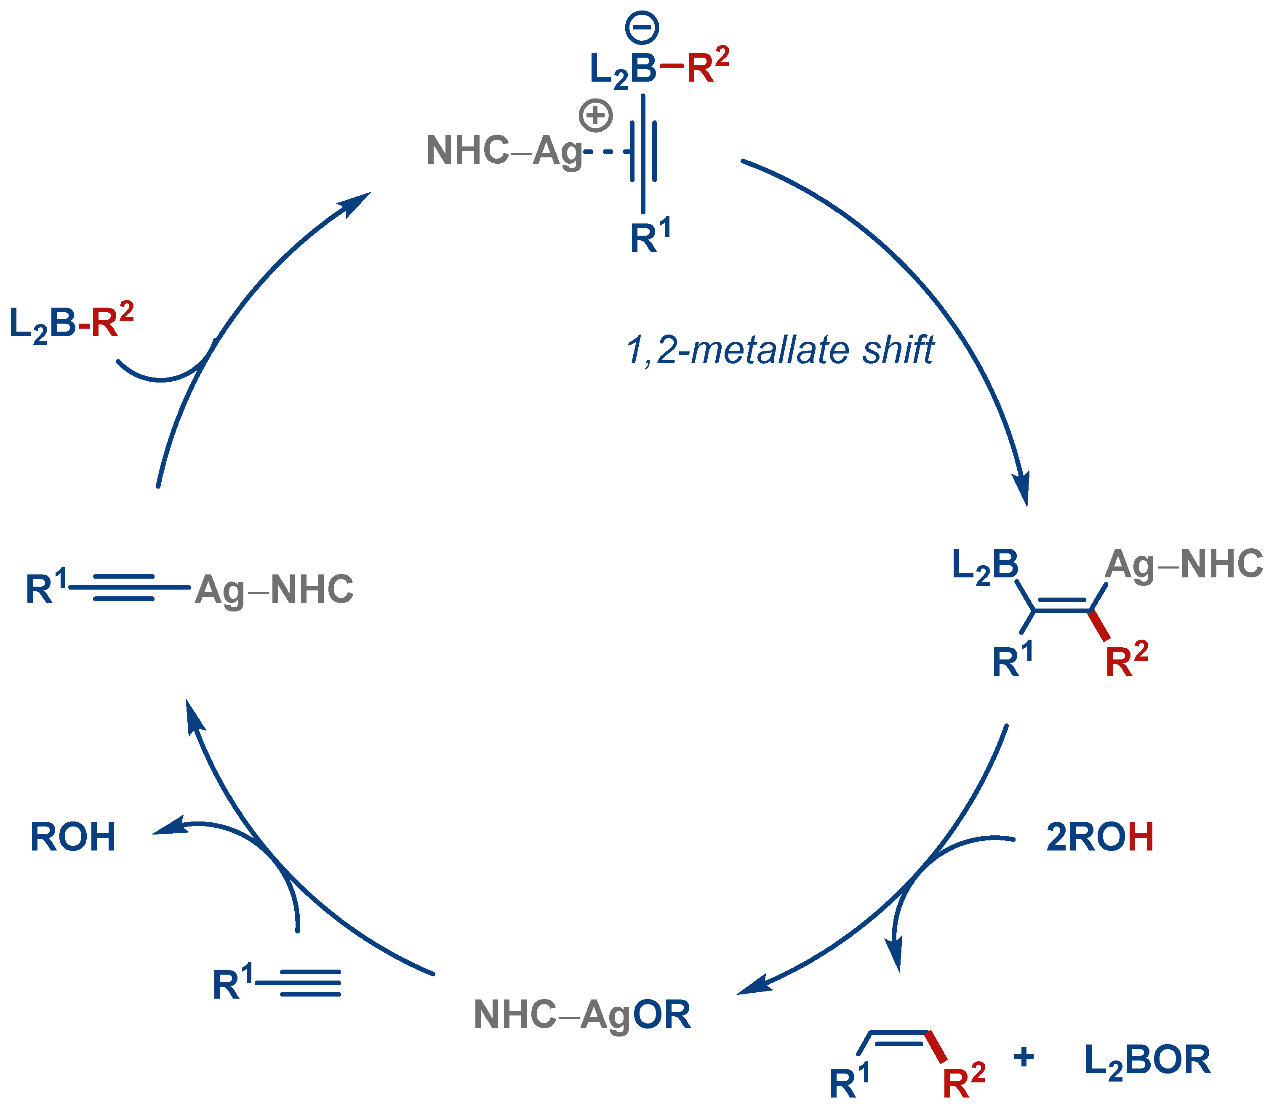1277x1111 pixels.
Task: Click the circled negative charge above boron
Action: click(x=642, y=29)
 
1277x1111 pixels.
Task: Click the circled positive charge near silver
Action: click(x=595, y=115)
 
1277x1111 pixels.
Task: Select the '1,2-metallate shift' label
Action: click(x=780, y=350)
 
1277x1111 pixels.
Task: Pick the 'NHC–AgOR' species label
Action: click(x=582, y=1015)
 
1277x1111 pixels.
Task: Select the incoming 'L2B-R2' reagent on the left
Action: click(x=71, y=324)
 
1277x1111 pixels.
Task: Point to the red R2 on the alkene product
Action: click(x=963, y=1081)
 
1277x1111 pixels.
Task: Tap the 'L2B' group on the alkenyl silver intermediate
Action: click(x=985, y=566)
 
